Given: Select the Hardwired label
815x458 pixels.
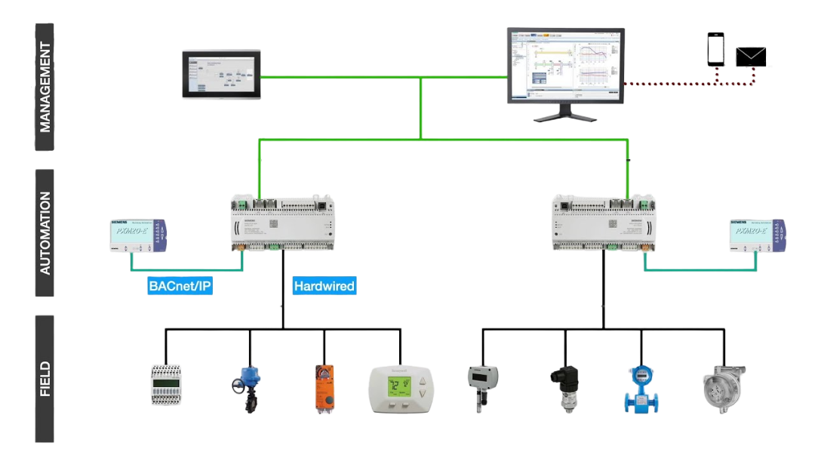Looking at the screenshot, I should pyautogui.click(x=324, y=286).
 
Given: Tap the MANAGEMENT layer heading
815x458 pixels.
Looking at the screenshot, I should pyautogui.click(x=45, y=87).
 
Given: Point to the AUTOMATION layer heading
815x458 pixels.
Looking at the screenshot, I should pyautogui.click(x=45, y=232).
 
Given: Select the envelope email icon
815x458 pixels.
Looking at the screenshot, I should pyautogui.click(x=751, y=57).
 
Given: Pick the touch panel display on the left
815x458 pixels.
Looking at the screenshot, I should pyautogui.click(x=222, y=75).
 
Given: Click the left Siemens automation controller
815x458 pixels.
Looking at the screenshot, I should pyautogui.click(x=281, y=223).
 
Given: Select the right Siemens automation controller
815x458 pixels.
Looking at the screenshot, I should pyautogui.click(x=604, y=223).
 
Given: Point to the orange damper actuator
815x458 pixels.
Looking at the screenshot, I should pyautogui.click(x=323, y=385).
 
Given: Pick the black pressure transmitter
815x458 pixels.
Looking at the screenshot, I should pyautogui.click(x=564, y=386).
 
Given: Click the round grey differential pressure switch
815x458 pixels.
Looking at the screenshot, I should pyautogui.click(x=723, y=386).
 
